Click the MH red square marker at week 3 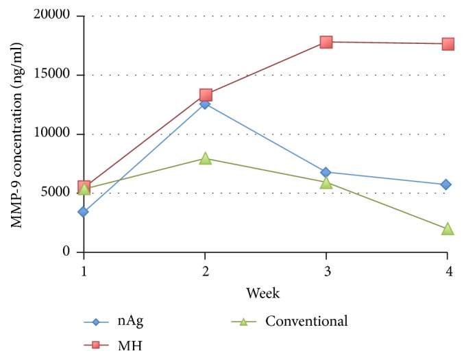pyautogui.click(x=326, y=42)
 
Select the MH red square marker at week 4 pyautogui.click(x=448, y=44)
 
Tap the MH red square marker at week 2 pyautogui.click(x=205, y=95)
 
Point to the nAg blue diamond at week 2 pyautogui.click(x=205, y=104)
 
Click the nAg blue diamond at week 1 pyautogui.click(x=84, y=212)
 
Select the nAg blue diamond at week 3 pyautogui.click(x=326, y=172)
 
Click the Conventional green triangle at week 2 pyautogui.click(x=205, y=158)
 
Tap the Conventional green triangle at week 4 pyautogui.click(x=448, y=228)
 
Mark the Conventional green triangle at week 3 pyautogui.click(x=326, y=182)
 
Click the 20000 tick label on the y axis pyautogui.click(x=57, y=16)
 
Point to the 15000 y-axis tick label pyautogui.click(x=57, y=75)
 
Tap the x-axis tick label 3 pyautogui.click(x=326, y=270)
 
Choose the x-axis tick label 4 pyautogui.click(x=448, y=270)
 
